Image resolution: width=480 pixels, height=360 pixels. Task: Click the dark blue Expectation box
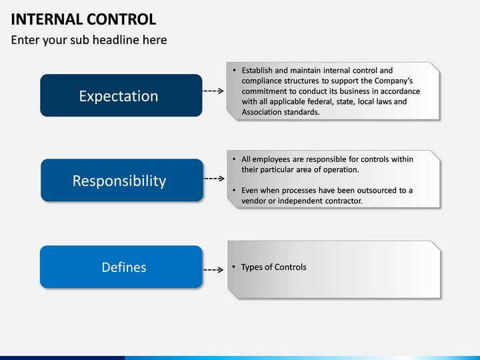tap(121, 95)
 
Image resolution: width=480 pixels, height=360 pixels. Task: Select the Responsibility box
tap(122, 180)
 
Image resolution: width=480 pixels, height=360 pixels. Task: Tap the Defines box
tap(121, 267)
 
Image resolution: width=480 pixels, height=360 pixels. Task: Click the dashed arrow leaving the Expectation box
tap(213, 91)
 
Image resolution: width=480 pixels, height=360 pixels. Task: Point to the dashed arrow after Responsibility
tap(214, 179)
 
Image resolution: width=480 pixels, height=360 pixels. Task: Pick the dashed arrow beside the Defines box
tap(213, 270)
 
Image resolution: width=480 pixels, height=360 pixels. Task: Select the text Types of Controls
tap(274, 267)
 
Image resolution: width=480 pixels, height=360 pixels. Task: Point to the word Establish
tap(257, 71)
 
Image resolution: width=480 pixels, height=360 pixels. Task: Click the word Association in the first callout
tap(260, 112)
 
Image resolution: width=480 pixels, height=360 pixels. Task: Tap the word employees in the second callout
tap(271, 159)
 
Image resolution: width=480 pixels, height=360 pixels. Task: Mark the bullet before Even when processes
tap(234, 191)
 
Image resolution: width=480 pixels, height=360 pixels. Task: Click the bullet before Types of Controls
tap(233, 267)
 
